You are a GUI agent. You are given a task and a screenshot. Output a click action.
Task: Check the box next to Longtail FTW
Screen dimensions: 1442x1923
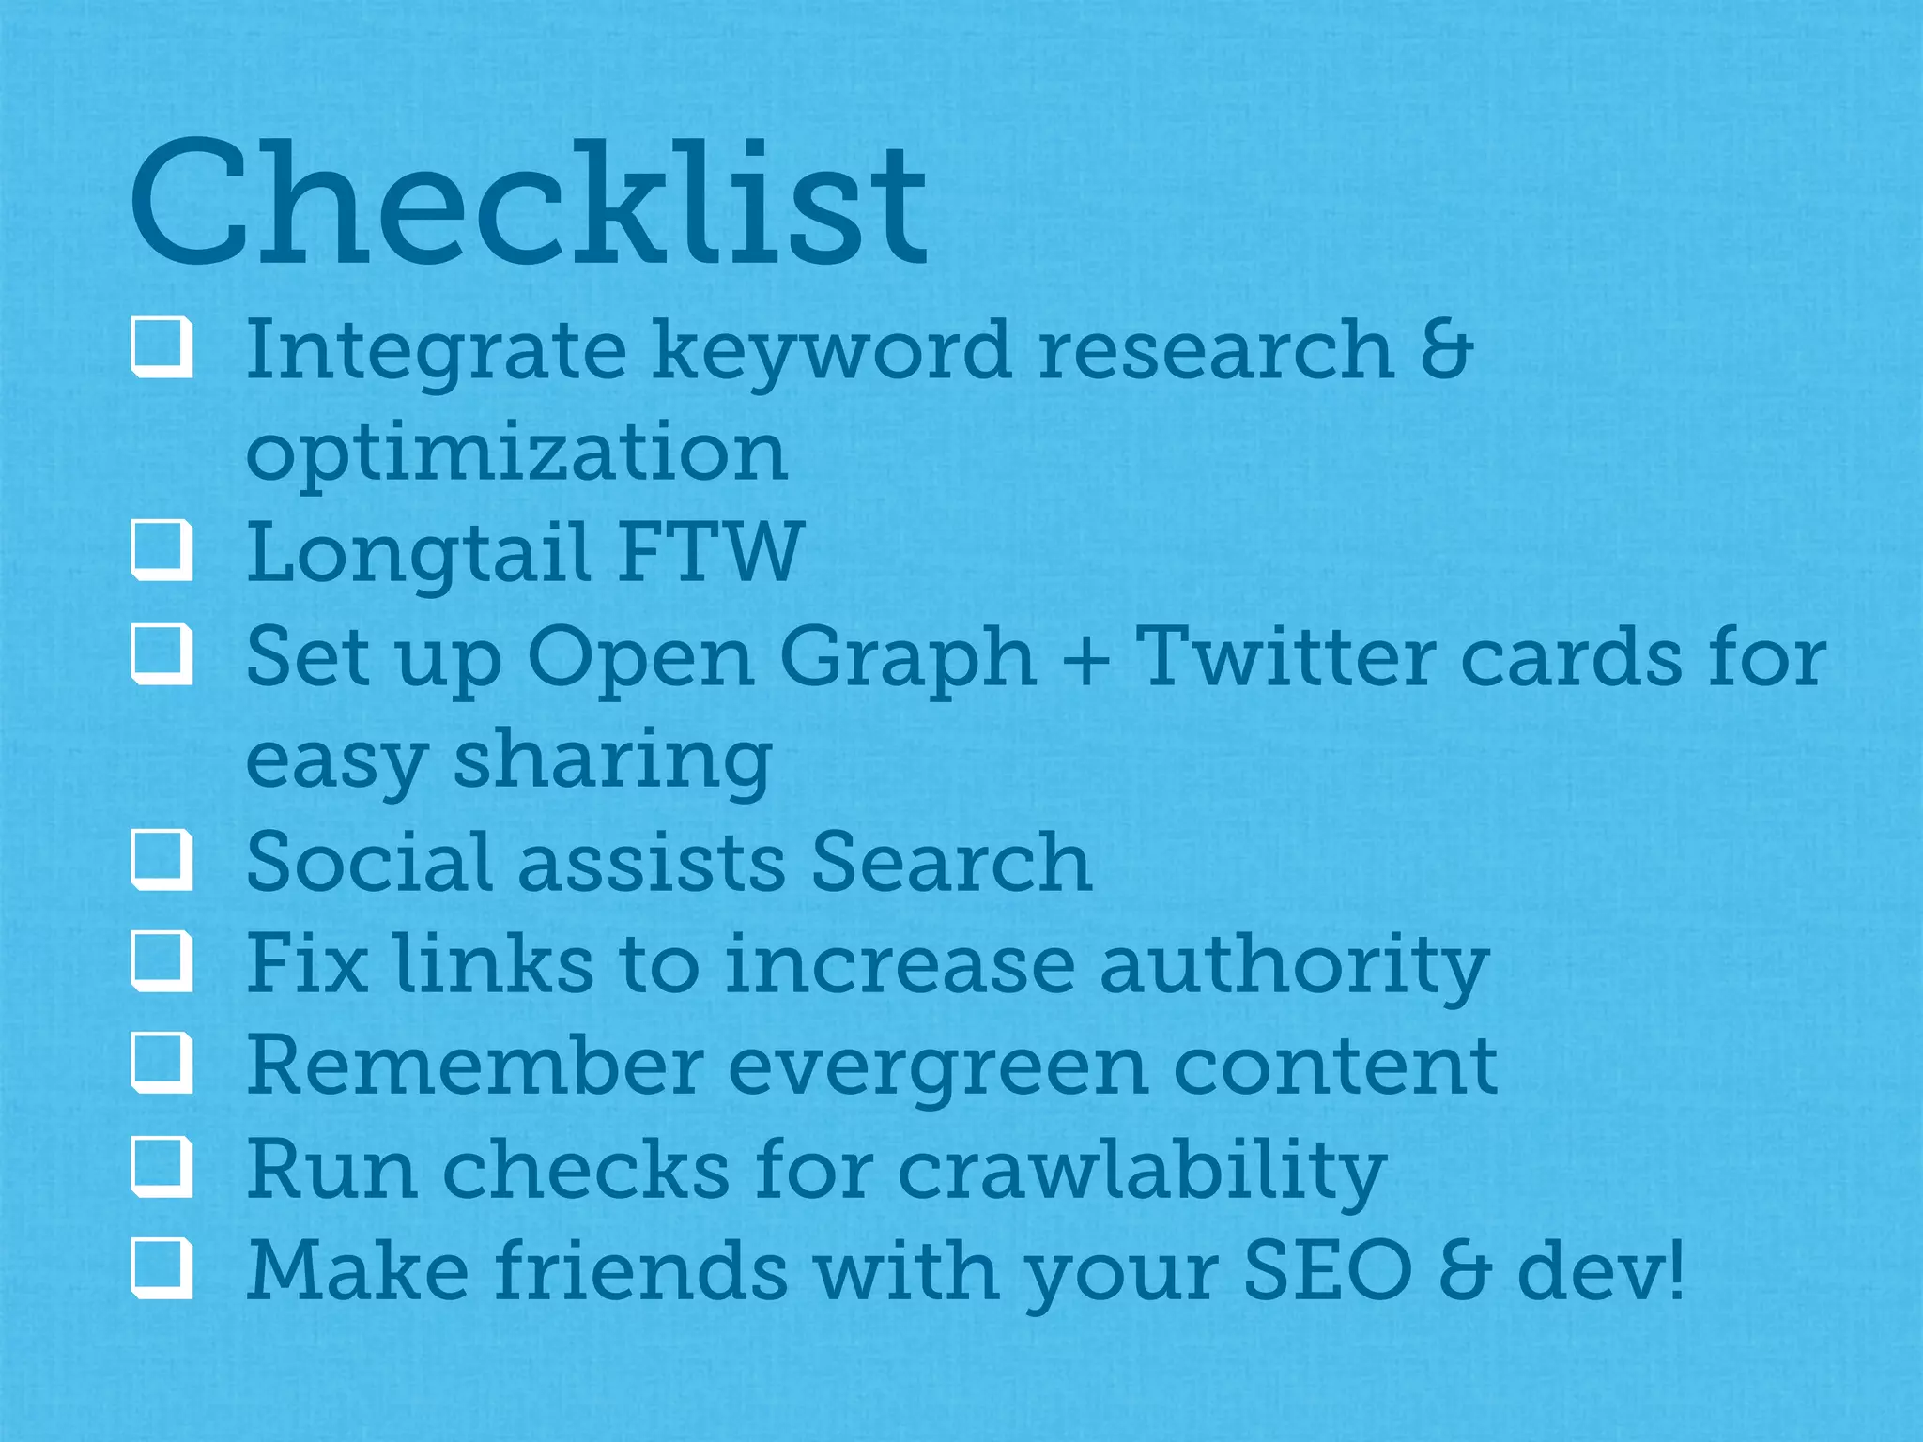162,550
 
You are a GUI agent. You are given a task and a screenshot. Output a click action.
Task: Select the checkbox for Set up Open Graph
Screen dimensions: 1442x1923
162,654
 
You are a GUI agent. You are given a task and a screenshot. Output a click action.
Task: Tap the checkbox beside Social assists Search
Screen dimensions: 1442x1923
162,859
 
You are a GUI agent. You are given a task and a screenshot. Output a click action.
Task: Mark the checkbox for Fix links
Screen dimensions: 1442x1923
162,961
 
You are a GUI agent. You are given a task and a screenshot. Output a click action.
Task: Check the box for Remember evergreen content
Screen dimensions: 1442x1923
162,1064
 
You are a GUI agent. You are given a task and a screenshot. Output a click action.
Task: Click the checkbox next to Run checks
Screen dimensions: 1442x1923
162,1167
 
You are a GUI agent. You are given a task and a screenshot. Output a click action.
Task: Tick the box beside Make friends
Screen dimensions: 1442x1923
162,1268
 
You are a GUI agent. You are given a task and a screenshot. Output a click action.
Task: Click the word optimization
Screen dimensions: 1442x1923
516,453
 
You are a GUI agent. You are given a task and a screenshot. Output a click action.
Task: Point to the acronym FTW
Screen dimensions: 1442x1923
710,552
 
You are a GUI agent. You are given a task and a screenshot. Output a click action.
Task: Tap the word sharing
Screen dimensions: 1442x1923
613,761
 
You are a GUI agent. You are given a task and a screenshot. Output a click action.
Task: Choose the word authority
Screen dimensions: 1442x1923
1294,966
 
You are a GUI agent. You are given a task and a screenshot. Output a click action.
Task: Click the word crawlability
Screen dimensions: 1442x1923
1142,1171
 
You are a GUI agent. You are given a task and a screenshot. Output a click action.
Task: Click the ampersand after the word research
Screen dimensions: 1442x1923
1446,349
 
